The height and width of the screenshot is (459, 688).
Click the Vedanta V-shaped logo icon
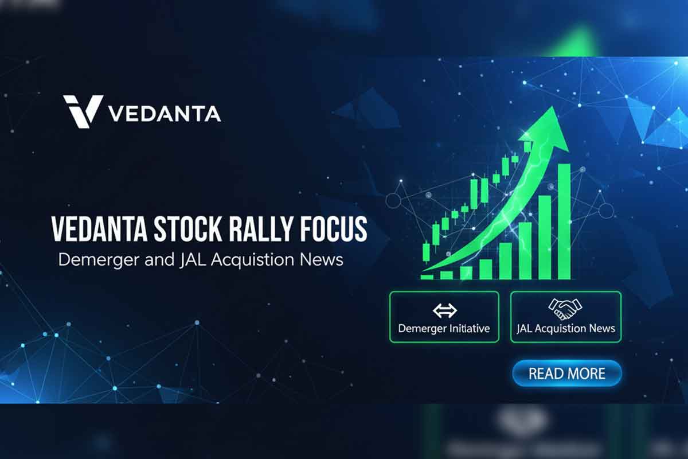(x=83, y=111)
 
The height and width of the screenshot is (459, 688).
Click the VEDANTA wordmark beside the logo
(x=165, y=114)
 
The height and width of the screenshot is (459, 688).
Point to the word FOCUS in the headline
(x=336, y=229)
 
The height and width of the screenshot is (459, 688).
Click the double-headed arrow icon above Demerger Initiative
(x=444, y=310)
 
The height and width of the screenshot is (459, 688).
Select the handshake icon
(x=565, y=309)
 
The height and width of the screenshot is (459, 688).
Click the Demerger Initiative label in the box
(x=444, y=329)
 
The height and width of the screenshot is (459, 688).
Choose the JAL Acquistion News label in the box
(x=565, y=329)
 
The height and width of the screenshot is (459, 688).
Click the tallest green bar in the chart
(x=564, y=221)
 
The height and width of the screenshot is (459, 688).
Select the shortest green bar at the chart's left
(x=427, y=277)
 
